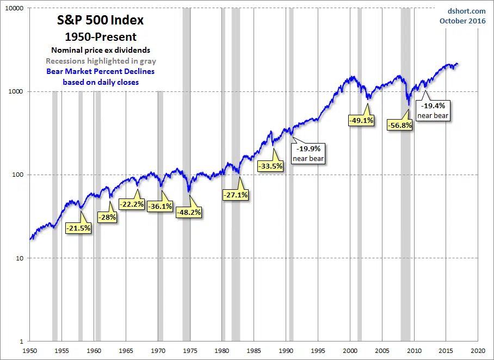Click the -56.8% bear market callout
point(400,125)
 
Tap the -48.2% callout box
point(189,212)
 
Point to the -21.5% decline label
point(78,228)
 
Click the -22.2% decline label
point(132,204)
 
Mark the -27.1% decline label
point(236,195)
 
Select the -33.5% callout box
point(270,166)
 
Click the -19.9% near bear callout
point(309,153)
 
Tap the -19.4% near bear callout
point(433,110)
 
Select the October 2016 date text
point(462,21)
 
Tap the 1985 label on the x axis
point(254,351)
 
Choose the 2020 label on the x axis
point(478,351)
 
